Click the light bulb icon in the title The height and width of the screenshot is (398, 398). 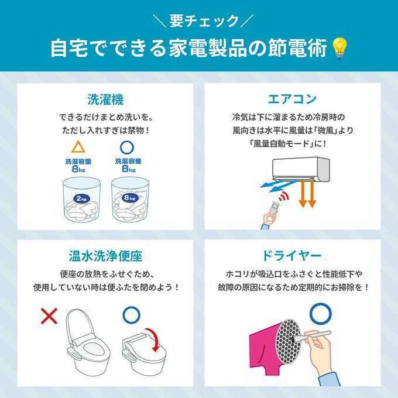(339, 48)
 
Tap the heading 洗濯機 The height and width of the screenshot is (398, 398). (105, 99)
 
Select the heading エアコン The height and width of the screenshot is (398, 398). (292, 99)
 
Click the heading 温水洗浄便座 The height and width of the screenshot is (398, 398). (105, 256)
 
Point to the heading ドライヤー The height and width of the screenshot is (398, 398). (291, 256)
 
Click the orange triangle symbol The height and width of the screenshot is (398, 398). (78, 147)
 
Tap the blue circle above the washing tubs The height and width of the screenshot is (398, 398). (127, 147)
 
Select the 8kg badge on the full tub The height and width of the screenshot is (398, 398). (130, 197)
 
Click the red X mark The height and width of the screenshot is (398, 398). (49, 316)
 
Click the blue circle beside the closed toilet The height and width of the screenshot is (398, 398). (131, 315)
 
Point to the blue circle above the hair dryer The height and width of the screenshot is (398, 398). (320, 314)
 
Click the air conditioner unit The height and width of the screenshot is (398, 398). (301, 169)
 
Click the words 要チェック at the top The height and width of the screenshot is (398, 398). (204, 21)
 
